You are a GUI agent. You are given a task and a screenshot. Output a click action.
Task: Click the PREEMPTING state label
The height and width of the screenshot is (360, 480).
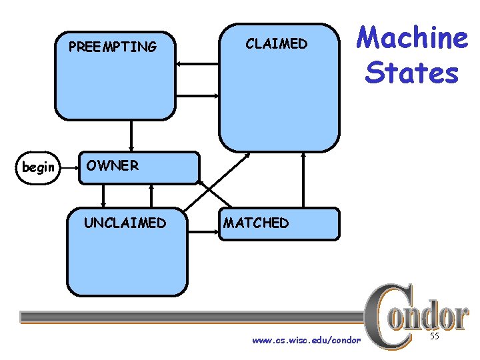[113, 47]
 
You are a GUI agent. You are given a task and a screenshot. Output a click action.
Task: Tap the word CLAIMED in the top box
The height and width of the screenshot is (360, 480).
[277, 44]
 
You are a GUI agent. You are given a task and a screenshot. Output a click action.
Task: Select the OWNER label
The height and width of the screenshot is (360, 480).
[112, 165]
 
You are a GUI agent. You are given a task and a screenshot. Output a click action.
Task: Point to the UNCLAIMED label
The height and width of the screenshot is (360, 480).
[125, 223]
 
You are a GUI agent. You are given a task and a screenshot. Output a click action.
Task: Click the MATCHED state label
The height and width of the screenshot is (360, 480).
[257, 223]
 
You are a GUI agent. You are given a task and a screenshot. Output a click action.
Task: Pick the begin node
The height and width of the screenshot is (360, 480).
[39, 167]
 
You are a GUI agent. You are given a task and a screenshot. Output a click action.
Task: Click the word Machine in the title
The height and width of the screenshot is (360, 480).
[412, 38]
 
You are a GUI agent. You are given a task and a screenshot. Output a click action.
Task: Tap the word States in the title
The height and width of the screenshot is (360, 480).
[412, 72]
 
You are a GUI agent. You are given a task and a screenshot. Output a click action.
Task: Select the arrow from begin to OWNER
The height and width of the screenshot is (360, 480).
[69, 167]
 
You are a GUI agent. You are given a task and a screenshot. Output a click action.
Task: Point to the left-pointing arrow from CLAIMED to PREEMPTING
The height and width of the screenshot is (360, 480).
[199, 63]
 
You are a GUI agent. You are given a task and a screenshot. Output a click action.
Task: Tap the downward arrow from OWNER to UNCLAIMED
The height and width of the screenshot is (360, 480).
[103, 195]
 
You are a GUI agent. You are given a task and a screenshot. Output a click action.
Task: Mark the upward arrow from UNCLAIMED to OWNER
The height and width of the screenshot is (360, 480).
[152, 195]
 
